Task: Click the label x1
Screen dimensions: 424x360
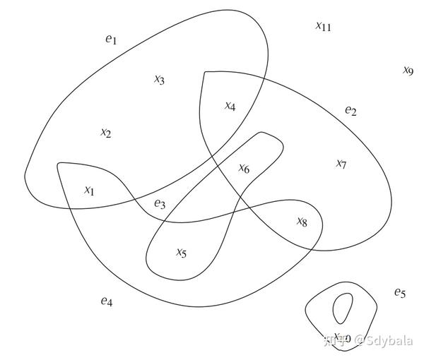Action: point(89,190)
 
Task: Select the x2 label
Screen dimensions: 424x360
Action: point(105,133)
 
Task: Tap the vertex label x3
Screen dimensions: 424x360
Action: point(159,79)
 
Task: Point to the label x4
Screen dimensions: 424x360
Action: point(230,106)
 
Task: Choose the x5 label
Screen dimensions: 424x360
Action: point(181,252)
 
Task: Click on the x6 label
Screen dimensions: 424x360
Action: point(244,168)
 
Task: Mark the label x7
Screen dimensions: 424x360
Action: point(341,164)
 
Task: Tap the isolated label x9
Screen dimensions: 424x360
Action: point(408,70)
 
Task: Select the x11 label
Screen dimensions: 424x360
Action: point(323,26)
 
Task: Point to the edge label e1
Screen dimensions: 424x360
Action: point(111,40)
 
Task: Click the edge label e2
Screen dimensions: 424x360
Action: point(351,110)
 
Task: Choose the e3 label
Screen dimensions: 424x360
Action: point(160,205)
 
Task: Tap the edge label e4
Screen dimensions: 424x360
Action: point(106,301)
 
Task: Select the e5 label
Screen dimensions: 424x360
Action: point(400,292)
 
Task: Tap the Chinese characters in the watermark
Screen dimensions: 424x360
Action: point(333,341)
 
